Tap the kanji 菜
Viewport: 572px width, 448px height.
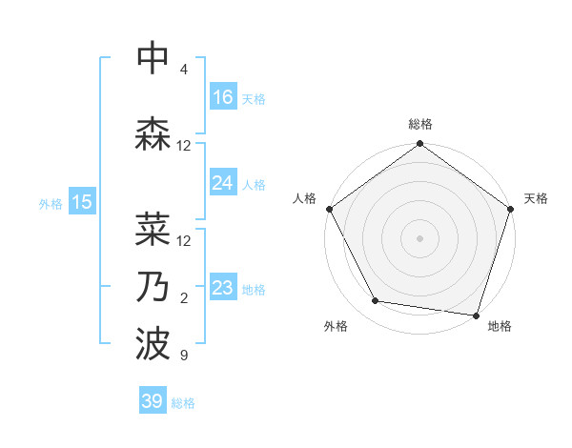point(153,229)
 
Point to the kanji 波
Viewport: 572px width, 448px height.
point(153,343)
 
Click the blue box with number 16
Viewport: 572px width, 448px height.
point(223,97)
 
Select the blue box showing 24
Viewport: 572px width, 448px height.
point(223,183)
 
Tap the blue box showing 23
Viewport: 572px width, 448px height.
point(223,288)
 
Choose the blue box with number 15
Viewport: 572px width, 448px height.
point(82,201)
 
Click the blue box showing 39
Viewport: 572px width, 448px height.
point(153,401)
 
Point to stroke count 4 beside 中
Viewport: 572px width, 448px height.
point(183,71)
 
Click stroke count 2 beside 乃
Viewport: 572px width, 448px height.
point(183,298)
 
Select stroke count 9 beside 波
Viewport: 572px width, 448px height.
point(183,356)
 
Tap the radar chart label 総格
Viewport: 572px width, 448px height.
point(419,124)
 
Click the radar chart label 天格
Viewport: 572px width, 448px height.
point(536,198)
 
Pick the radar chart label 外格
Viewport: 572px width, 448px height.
point(336,326)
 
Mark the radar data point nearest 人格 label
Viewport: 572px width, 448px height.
point(329,209)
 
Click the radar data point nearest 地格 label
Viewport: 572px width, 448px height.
point(476,315)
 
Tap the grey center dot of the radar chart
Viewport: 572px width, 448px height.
point(419,237)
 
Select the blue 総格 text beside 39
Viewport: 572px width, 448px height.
point(183,403)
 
